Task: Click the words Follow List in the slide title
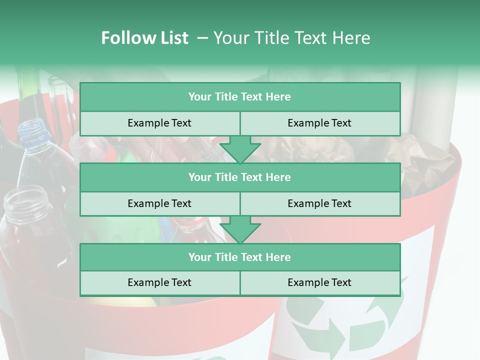point(144,38)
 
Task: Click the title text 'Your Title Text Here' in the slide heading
point(291,38)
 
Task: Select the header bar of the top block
point(240,97)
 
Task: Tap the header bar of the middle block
point(240,177)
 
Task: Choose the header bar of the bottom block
point(240,257)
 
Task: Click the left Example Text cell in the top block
point(159,123)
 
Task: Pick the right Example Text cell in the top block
point(320,123)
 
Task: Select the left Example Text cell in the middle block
point(159,203)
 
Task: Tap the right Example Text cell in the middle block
point(320,203)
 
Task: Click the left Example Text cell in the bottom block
point(159,282)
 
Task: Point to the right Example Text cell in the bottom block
point(320,282)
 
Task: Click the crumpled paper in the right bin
point(425,160)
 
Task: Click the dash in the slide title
point(202,38)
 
